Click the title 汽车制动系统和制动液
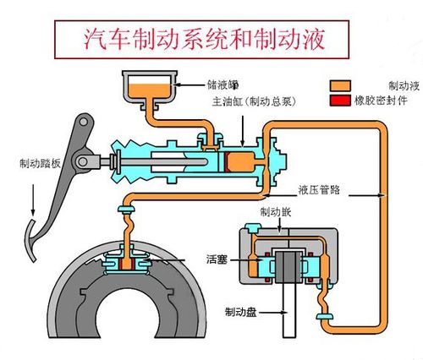point(204,39)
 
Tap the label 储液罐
point(223,85)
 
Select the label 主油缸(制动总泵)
point(255,101)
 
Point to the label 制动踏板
point(40,163)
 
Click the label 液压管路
point(319,190)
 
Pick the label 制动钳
point(275,212)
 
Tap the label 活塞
point(217,259)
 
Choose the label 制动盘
point(240,312)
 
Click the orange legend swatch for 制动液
point(340,85)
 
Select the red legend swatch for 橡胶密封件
point(340,101)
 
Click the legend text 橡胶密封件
point(381,101)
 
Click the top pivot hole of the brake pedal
point(83,122)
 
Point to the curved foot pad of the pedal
point(30,240)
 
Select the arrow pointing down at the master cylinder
point(243,131)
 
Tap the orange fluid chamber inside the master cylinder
point(241,162)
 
